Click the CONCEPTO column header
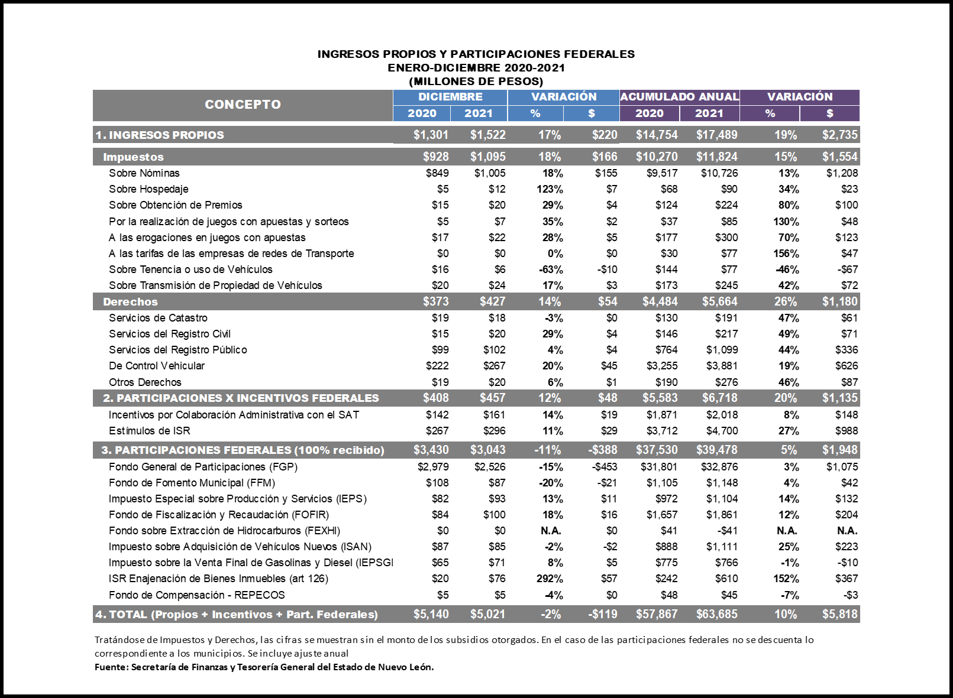[243, 105]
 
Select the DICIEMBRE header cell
[450, 97]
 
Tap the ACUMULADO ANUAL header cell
[679, 97]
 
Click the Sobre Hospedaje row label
[148, 189]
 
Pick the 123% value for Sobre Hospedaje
[550, 189]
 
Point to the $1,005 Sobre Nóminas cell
[490, 173]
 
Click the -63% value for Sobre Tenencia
[551, 270]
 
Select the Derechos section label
[130, 302]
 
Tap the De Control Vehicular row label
[157, 366]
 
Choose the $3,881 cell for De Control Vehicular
[722, 366]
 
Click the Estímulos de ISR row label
[150, 431]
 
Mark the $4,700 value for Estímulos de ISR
[722, 431]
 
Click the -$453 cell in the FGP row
[603, 467]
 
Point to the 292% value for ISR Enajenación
[550, 579]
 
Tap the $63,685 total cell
[716, 614]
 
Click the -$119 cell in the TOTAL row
[603, 614]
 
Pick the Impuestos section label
[133, 157]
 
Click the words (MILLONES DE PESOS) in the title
[476, 82]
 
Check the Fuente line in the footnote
[264, 667]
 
